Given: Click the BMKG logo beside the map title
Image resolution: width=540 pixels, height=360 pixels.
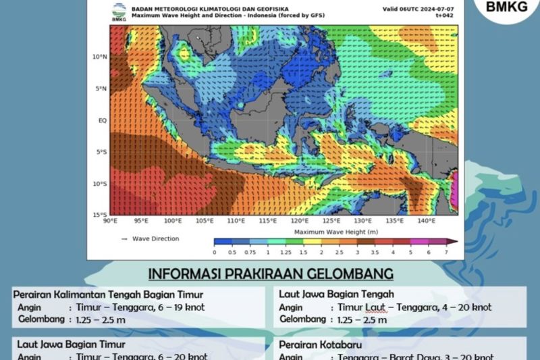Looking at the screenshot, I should coord(118,12).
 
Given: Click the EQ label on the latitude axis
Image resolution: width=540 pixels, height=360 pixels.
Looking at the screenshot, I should coord(103,120).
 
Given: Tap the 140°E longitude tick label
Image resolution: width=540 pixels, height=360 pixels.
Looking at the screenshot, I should coord(425,221).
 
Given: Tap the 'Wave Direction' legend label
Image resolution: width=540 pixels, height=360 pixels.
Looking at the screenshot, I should coord(156,238).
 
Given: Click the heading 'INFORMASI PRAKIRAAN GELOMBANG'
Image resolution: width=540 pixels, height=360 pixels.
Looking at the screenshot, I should coord(271,274).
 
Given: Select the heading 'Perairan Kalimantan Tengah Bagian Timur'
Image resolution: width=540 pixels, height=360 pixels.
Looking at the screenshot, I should coord(108,294).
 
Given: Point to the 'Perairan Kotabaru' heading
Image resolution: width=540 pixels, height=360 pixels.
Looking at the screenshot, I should coord(319,344).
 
